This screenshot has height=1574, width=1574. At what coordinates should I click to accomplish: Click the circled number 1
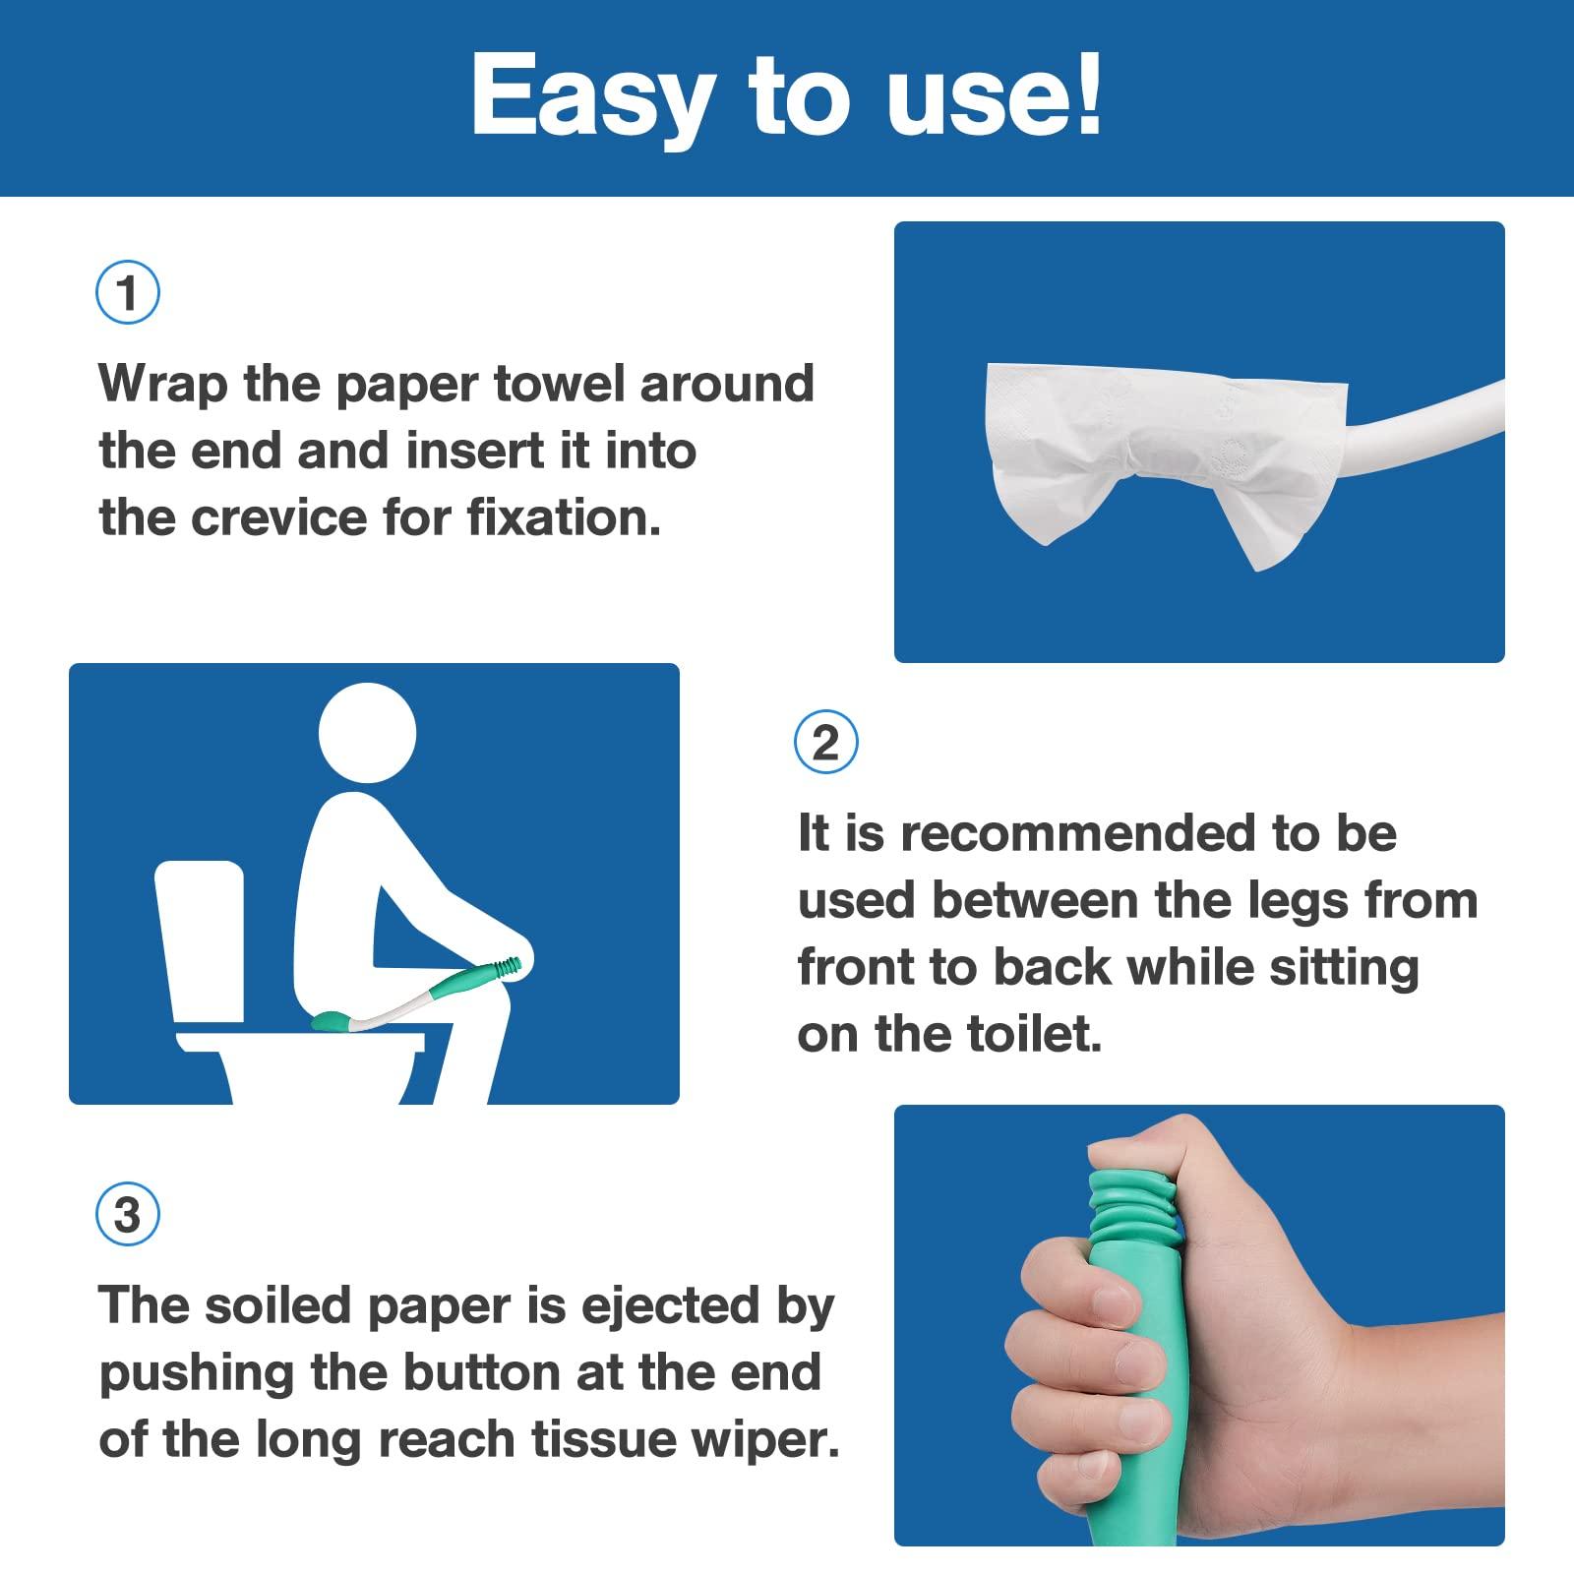click(x=128, y=292)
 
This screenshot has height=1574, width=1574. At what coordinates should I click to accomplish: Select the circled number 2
click(x=825, y=742)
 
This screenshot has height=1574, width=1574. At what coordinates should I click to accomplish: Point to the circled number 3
click(x=128, y=1215)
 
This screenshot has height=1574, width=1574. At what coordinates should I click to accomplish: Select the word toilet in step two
click(x=1039, y=1034)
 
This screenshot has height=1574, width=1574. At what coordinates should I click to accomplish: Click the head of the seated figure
click(x=368, y=733)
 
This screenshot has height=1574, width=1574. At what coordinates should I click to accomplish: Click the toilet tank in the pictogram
click(x=201, y=939)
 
